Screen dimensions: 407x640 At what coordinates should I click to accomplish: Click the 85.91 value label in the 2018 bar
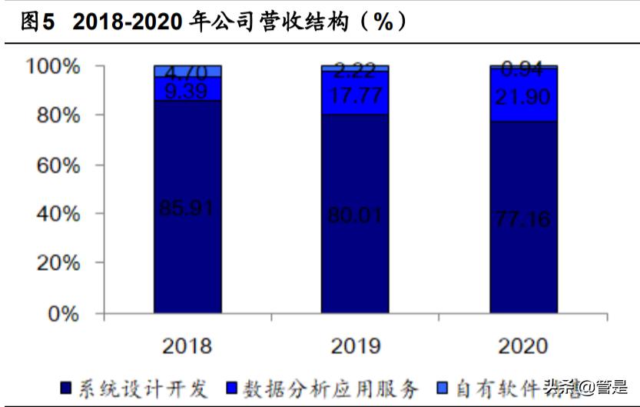coord(187,207)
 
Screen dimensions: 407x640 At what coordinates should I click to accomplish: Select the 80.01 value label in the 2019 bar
coord(355,215)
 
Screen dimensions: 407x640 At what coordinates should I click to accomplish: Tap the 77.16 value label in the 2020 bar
coord(522,219)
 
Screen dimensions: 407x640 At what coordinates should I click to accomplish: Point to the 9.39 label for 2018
coord(187,91)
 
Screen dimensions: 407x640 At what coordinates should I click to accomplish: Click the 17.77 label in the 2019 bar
coord(355,95)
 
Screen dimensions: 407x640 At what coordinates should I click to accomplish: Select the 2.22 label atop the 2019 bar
coord(355,72)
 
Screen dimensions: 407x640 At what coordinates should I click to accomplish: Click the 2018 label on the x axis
coord(187,345)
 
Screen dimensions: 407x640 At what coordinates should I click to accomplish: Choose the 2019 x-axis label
coord(355,345)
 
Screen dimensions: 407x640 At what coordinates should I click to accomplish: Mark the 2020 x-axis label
coord(522,345)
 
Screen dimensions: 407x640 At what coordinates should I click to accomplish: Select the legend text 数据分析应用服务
coord(331,387)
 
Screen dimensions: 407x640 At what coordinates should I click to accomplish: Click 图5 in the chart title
coord(38,22)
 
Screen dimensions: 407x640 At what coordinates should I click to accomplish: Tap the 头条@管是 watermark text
coord(585,386)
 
